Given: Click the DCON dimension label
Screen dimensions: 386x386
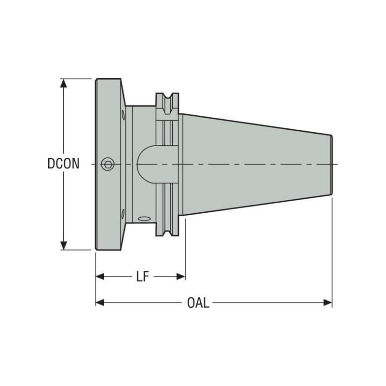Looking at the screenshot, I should point(64,164).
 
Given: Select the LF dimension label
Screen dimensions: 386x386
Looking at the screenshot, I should point(141,276).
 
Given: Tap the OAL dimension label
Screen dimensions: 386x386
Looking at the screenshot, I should point(198,303).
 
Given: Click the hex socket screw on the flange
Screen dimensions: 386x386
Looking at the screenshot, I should point(108,165).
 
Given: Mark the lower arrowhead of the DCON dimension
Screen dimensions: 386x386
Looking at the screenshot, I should point(63,246).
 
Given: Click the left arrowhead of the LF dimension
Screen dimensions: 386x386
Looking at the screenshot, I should point(100,276).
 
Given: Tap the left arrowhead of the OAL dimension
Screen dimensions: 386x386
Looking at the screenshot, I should point(100,303).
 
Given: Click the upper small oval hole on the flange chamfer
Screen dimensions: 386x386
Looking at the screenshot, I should point(123,115).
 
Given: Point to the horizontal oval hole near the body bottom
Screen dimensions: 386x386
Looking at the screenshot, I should point(144,220).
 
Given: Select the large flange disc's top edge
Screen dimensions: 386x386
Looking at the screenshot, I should point(109,79).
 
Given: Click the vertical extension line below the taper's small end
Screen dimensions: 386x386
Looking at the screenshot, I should point(332,251).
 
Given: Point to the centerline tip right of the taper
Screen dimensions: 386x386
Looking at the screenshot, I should point(337,165).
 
